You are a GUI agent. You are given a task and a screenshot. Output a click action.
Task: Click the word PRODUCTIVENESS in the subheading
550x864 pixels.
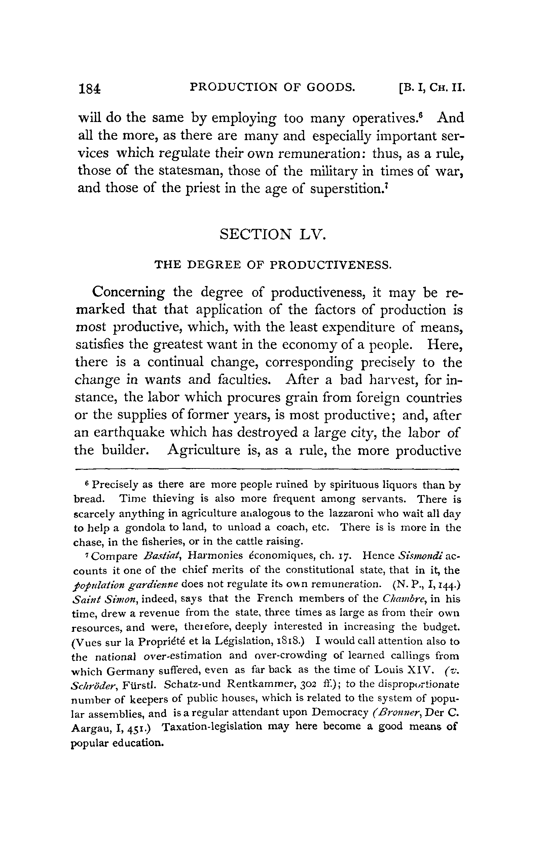(x=331, y=265)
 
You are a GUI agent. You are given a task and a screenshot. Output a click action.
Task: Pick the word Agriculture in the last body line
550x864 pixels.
(x=204, y=450)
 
